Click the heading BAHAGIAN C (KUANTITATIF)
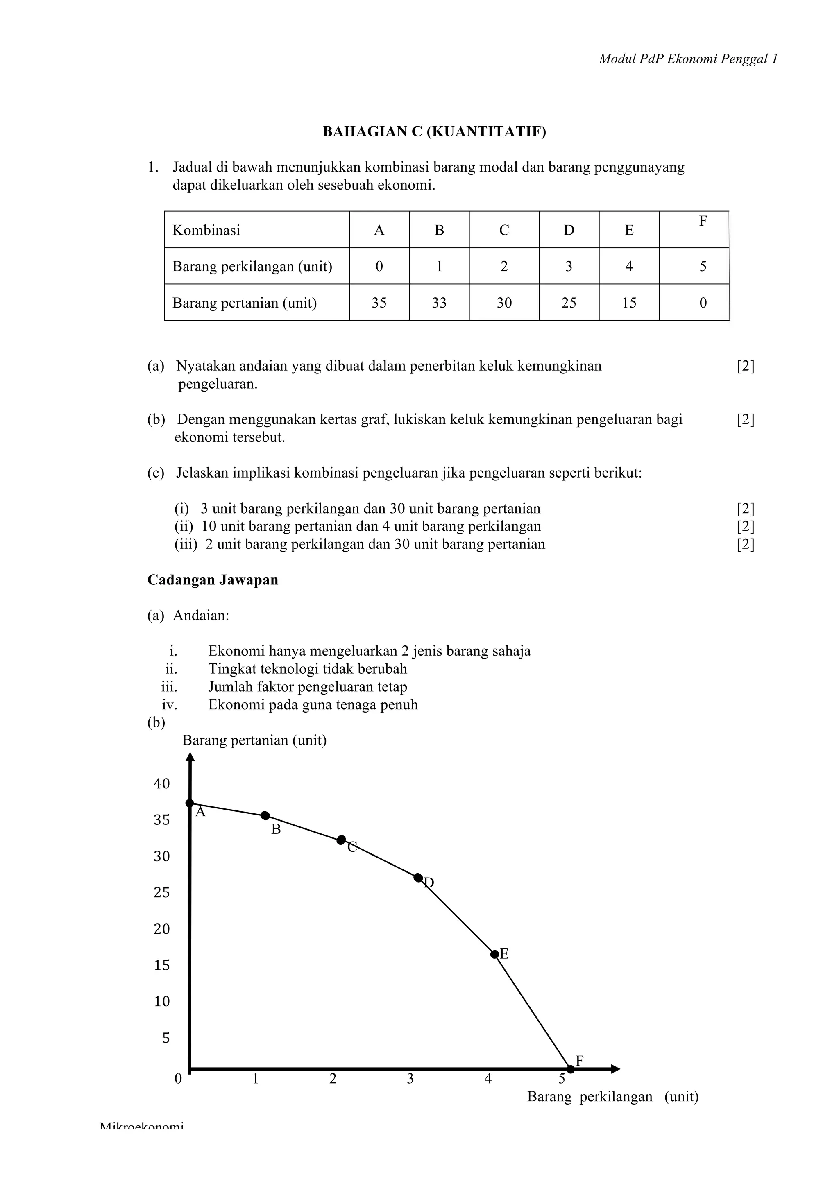point(434,132)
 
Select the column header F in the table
point(703,222)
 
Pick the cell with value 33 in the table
point(439,303)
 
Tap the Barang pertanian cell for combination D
point(568,303)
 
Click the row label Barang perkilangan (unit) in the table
point(252,267)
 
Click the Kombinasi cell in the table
point(206,230)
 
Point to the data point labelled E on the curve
point(494,954)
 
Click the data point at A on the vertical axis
point(190,803)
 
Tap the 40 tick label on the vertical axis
point(162,783)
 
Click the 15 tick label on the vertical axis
point(162,965)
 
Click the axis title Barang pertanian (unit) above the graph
point(254,740)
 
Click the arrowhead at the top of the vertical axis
point(190,757)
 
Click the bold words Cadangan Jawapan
point(213,580)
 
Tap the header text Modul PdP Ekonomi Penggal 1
point(688,59)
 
